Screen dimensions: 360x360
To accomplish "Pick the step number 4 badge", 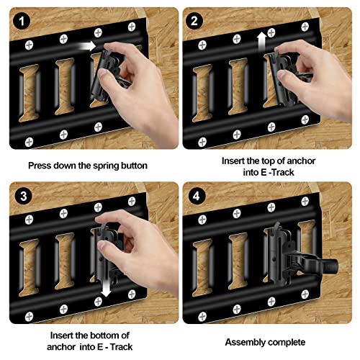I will (193, 196).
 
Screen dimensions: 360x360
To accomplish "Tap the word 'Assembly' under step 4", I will (245, 342).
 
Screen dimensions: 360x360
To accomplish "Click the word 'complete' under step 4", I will (288, 342).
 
